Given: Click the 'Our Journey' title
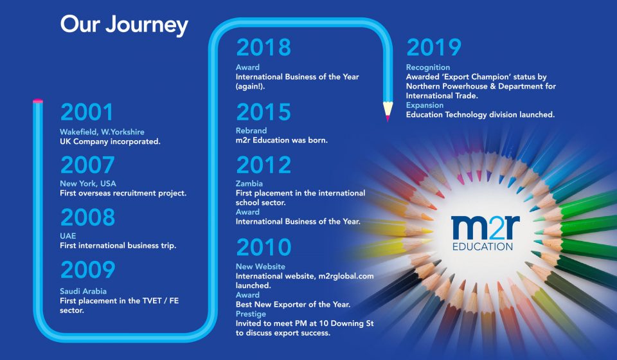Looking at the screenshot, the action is [124, 25].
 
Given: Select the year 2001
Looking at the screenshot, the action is [87, 112].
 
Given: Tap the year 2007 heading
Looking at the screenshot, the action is [87, 165].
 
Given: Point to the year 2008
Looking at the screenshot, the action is [88, 217].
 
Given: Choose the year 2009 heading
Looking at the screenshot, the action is [88, 270].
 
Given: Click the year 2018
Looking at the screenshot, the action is [264, 47].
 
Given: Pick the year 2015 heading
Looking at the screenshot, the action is [264, 112].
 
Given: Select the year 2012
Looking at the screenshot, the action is [264, 165].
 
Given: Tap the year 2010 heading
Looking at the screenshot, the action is [264, 247].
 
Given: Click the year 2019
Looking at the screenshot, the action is [434, 47].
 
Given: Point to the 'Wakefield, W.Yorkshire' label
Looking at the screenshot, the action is [102, 132].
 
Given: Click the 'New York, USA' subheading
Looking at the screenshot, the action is [88, 183].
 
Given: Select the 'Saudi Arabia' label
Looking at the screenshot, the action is [83, 291].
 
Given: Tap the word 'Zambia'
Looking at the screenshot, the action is [249, 183].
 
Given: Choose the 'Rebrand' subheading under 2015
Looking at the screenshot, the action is [251, 130].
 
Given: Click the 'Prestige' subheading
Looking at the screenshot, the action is [251, 314].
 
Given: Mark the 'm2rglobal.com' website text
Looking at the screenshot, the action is [346, 276].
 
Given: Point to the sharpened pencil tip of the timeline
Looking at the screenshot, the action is [388, 120].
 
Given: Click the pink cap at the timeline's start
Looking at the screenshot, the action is [38, 101].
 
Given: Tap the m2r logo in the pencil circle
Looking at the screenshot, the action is [485, 233].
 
